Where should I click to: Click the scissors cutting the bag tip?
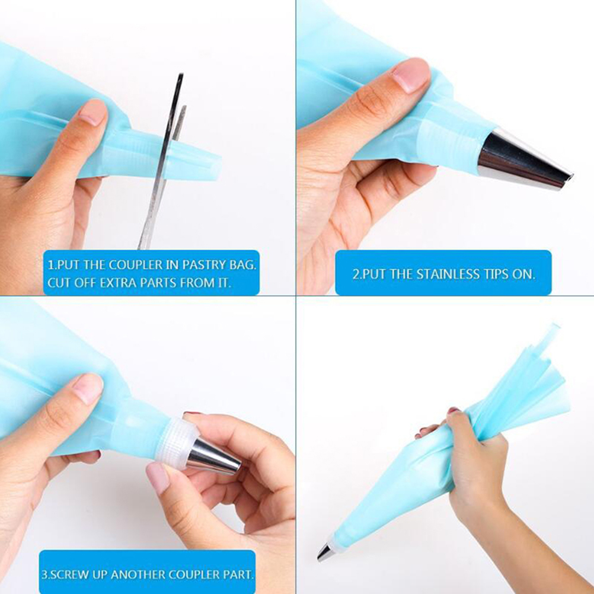164,161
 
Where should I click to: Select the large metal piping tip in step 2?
523,159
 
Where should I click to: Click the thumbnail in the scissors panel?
92,112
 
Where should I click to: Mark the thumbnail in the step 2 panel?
411,76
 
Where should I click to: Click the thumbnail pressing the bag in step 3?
88,389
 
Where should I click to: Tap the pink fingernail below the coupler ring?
158,478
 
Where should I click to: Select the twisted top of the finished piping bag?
526,379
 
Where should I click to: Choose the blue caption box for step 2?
443,272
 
